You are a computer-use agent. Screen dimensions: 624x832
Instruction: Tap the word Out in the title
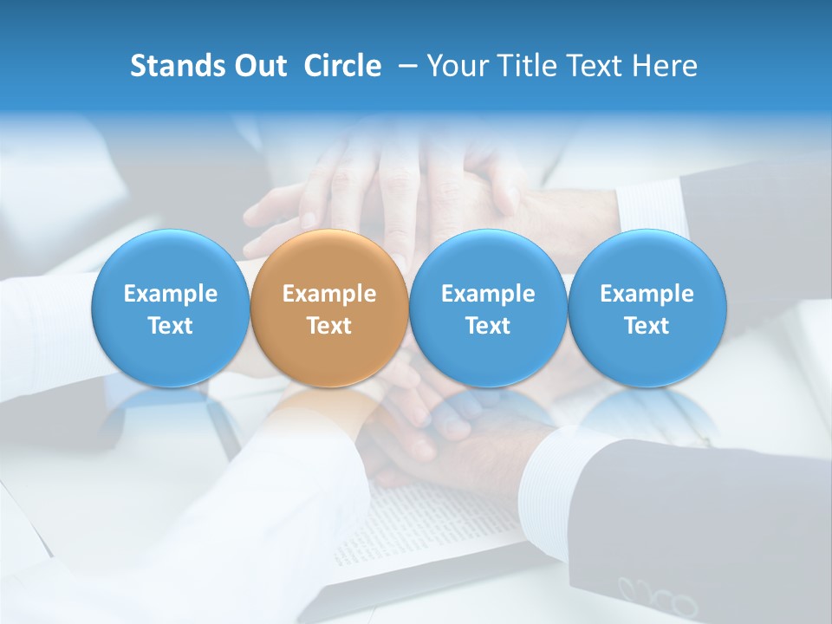[258, 66]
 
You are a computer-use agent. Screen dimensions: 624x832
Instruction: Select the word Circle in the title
[342, 66]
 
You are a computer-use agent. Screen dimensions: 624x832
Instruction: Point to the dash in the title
[405, 67]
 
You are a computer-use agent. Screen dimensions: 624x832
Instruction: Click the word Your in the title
[453, 66]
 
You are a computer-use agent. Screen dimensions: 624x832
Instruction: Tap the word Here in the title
[665, 66]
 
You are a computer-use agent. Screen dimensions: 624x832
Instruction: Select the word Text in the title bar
[592, 66]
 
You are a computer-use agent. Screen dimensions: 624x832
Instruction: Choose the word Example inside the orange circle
[329, 294]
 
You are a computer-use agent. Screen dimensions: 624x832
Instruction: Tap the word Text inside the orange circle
[329, 326]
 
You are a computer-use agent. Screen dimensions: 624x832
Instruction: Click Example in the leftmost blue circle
[171, 294]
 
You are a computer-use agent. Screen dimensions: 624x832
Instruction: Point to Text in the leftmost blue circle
[171, 326]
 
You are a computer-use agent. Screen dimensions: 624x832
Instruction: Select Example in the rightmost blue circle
[647, 294]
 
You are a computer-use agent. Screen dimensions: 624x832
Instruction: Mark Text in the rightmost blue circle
[647, 326]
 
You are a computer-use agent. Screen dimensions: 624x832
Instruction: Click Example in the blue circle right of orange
[488, 294]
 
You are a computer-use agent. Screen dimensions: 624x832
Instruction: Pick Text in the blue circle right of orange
[488, 326]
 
